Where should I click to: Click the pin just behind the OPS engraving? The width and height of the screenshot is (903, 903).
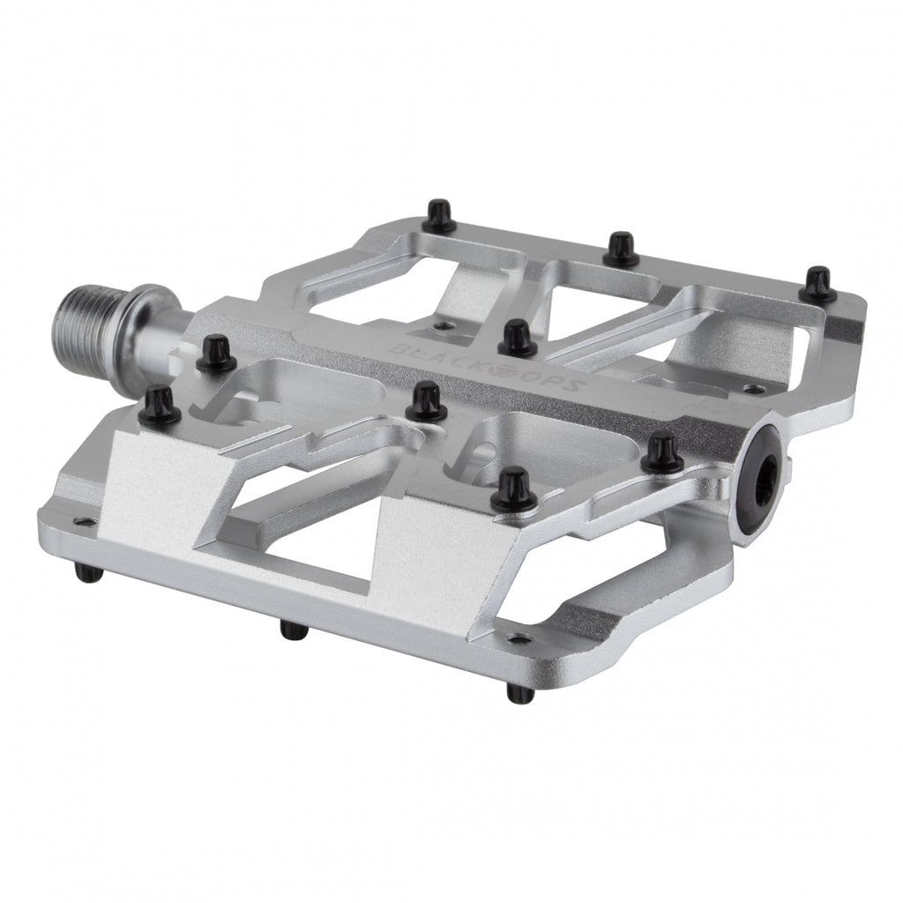click(x=517, y=338)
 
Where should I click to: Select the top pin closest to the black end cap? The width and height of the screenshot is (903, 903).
click(x=661, y=452)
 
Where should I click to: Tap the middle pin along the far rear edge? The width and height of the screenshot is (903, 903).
click(x=622, y=249)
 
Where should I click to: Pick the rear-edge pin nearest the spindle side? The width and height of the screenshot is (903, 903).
click(x=438, y=214)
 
